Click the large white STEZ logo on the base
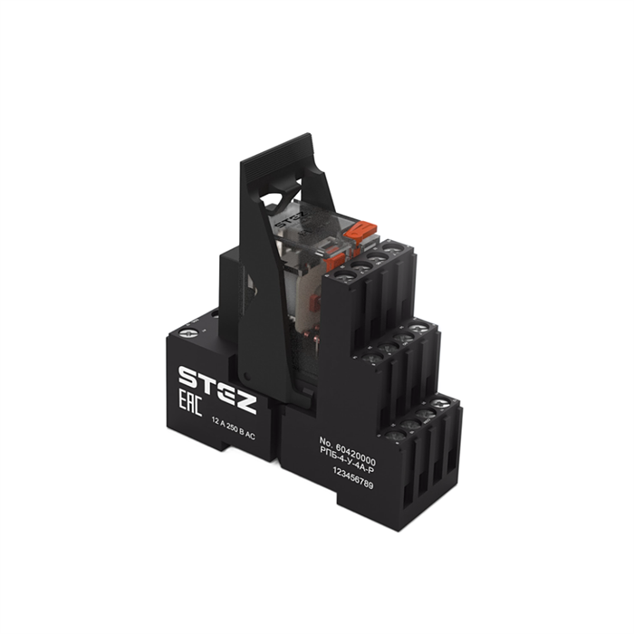point(217,378)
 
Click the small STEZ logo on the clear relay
point(289,216)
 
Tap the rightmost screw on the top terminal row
point(391,246)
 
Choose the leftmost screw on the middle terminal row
point(369,354)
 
